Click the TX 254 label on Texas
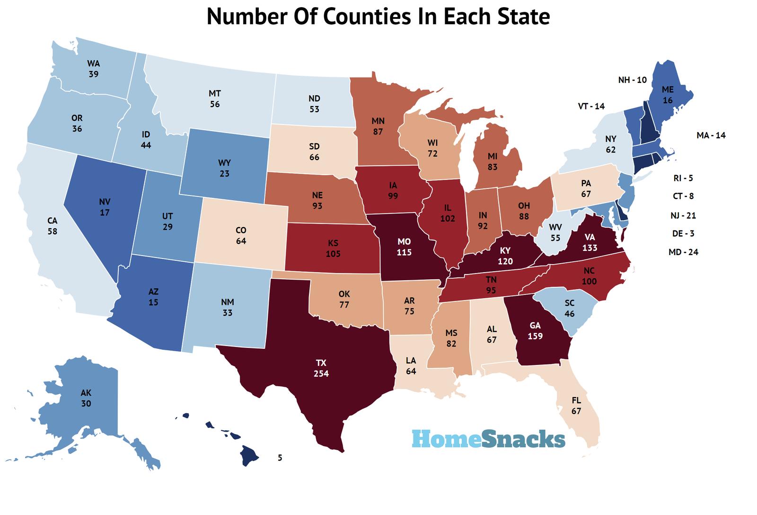click(321, 368)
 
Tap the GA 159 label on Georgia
click(535, 331)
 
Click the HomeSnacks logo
click(488, 439)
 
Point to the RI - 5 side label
click(683, 178)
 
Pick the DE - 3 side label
click(683, 233)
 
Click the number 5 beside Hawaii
click(280, 458)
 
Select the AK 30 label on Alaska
click(86, 398)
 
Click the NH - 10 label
click(632, 80)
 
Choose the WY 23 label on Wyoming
click(224, 168)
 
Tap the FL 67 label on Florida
click(576, 406)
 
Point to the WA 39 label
click(93, 69)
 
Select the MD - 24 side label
click(683, 252)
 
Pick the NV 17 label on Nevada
click(105, 207)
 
